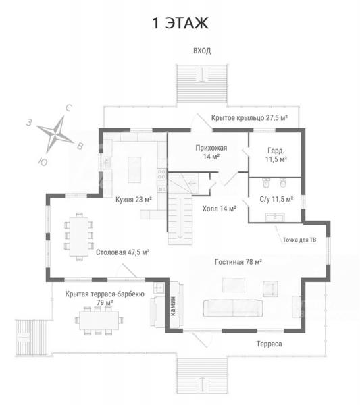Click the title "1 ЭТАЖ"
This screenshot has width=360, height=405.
(180, 23)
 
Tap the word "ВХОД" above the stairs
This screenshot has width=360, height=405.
(202, 51)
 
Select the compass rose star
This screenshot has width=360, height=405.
(55, 134)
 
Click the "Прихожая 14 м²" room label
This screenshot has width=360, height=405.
(211, 152)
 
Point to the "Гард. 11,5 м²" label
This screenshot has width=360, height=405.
(276, 155)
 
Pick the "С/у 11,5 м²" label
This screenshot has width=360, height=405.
(276, 199)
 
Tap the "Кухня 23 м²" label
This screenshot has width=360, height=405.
(133, 200)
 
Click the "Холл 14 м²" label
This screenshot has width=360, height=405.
(219, 209)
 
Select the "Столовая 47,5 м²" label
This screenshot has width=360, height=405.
(122, 252)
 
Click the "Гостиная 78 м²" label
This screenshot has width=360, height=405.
(238, 262)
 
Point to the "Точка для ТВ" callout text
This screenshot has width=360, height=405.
(299, 240)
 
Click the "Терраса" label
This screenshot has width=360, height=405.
(269, 344)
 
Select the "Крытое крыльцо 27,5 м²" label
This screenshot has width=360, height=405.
(249, 118)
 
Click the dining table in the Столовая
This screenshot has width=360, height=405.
(79, 236)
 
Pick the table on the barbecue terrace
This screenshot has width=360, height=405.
(99, 321)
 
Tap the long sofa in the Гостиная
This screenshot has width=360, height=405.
(233, 308)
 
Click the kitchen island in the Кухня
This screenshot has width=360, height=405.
(134, 169)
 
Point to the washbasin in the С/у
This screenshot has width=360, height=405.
(275, 217)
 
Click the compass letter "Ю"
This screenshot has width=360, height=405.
(43, 162)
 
